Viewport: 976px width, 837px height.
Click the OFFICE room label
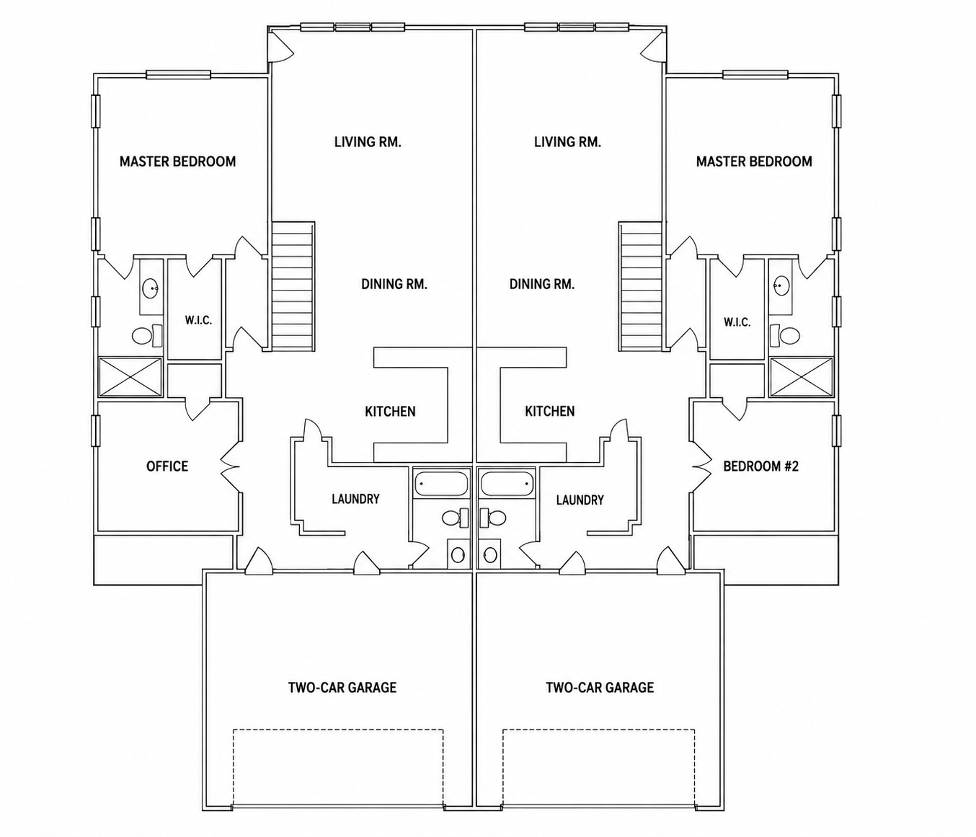point(167,466)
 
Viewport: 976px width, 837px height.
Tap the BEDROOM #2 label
point(760,466)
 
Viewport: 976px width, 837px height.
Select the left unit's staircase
point(293,287)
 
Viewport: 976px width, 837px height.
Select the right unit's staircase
point(640,287)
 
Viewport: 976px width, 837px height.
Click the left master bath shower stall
point(130,377)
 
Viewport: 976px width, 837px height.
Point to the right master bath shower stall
point(802,377)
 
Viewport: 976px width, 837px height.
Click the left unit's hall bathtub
point(441,483)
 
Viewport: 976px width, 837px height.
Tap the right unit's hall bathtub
point(507,483)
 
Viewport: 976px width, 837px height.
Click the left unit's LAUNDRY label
point(355,499)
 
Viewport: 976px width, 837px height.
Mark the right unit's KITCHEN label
point(549,411)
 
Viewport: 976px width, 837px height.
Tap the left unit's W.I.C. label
point(198,321)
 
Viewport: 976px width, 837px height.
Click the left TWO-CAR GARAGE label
point(342,687)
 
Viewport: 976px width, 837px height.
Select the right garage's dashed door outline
point(599,730)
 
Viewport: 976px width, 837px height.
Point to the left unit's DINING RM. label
point(394,284)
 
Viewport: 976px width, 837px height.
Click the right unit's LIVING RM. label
point(567,142)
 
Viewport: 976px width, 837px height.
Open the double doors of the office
point(231,466)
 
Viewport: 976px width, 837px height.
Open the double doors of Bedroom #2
point(702,466)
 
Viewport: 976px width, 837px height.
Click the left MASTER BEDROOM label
point(177,161)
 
